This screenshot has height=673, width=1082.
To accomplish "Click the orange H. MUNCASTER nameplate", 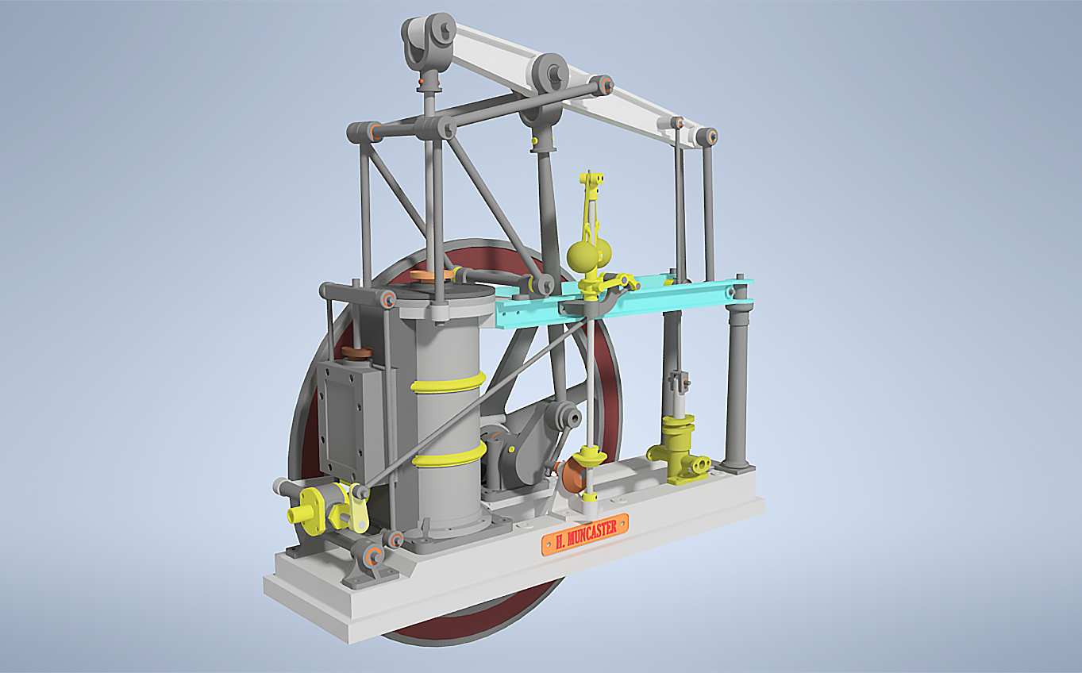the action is point(585,534).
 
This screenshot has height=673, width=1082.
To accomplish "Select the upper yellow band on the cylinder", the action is point(448,382).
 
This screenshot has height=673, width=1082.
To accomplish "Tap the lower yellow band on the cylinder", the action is point(449,455).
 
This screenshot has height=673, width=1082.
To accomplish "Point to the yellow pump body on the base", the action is point(678,450).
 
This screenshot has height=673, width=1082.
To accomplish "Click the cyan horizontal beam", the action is point(623,302).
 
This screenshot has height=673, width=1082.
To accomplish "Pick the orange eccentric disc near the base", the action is point(573,475).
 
